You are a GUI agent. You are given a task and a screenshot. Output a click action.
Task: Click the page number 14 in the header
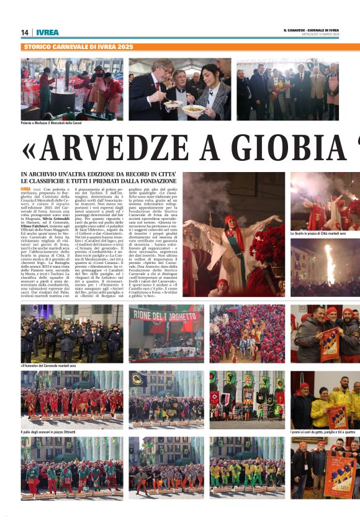click(24, 32)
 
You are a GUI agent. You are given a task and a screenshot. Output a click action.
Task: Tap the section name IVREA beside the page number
click(48, 32)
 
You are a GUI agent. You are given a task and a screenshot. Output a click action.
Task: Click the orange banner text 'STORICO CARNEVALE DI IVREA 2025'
click(78, 47)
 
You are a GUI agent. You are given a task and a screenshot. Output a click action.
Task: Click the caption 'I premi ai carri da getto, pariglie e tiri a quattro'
click(325, 432)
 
